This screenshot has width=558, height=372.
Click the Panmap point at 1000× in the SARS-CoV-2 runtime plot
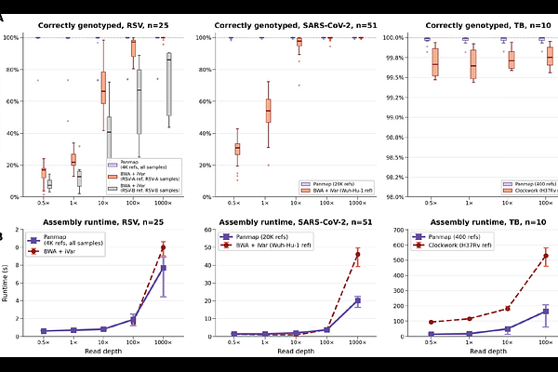[358, 300]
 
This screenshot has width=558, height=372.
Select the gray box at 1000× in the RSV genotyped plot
[168, 84]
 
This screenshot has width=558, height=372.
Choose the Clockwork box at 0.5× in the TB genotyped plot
[434, 63]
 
